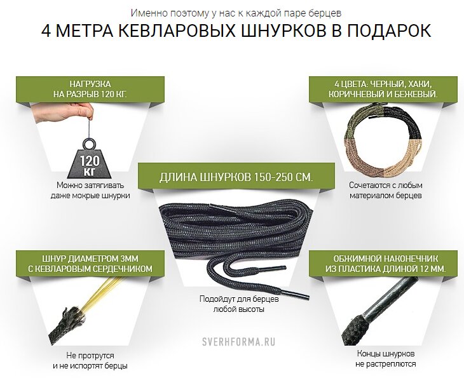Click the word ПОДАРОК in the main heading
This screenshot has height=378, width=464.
[x=389, y=30]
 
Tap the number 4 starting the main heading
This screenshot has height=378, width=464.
[x=46, y=30]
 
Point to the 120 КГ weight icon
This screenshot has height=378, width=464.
[x=89, y=159]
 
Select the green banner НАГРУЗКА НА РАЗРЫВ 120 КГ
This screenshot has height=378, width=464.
[x=90, y=90]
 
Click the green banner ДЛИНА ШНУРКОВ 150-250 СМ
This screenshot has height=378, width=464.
[x=236, y=177]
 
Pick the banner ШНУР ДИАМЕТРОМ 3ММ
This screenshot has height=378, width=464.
[x=90, y=264]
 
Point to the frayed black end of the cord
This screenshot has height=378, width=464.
[x=67, y=325]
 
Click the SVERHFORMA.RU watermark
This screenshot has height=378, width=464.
[x=238, y=342]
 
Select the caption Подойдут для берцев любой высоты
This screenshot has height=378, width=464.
[x=239, y=304]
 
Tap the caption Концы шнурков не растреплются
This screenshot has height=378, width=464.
[x=386, y=359]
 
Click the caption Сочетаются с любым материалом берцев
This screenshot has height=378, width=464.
[x=386, y=190]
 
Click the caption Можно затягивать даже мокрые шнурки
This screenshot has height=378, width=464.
[x=90, y=190]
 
